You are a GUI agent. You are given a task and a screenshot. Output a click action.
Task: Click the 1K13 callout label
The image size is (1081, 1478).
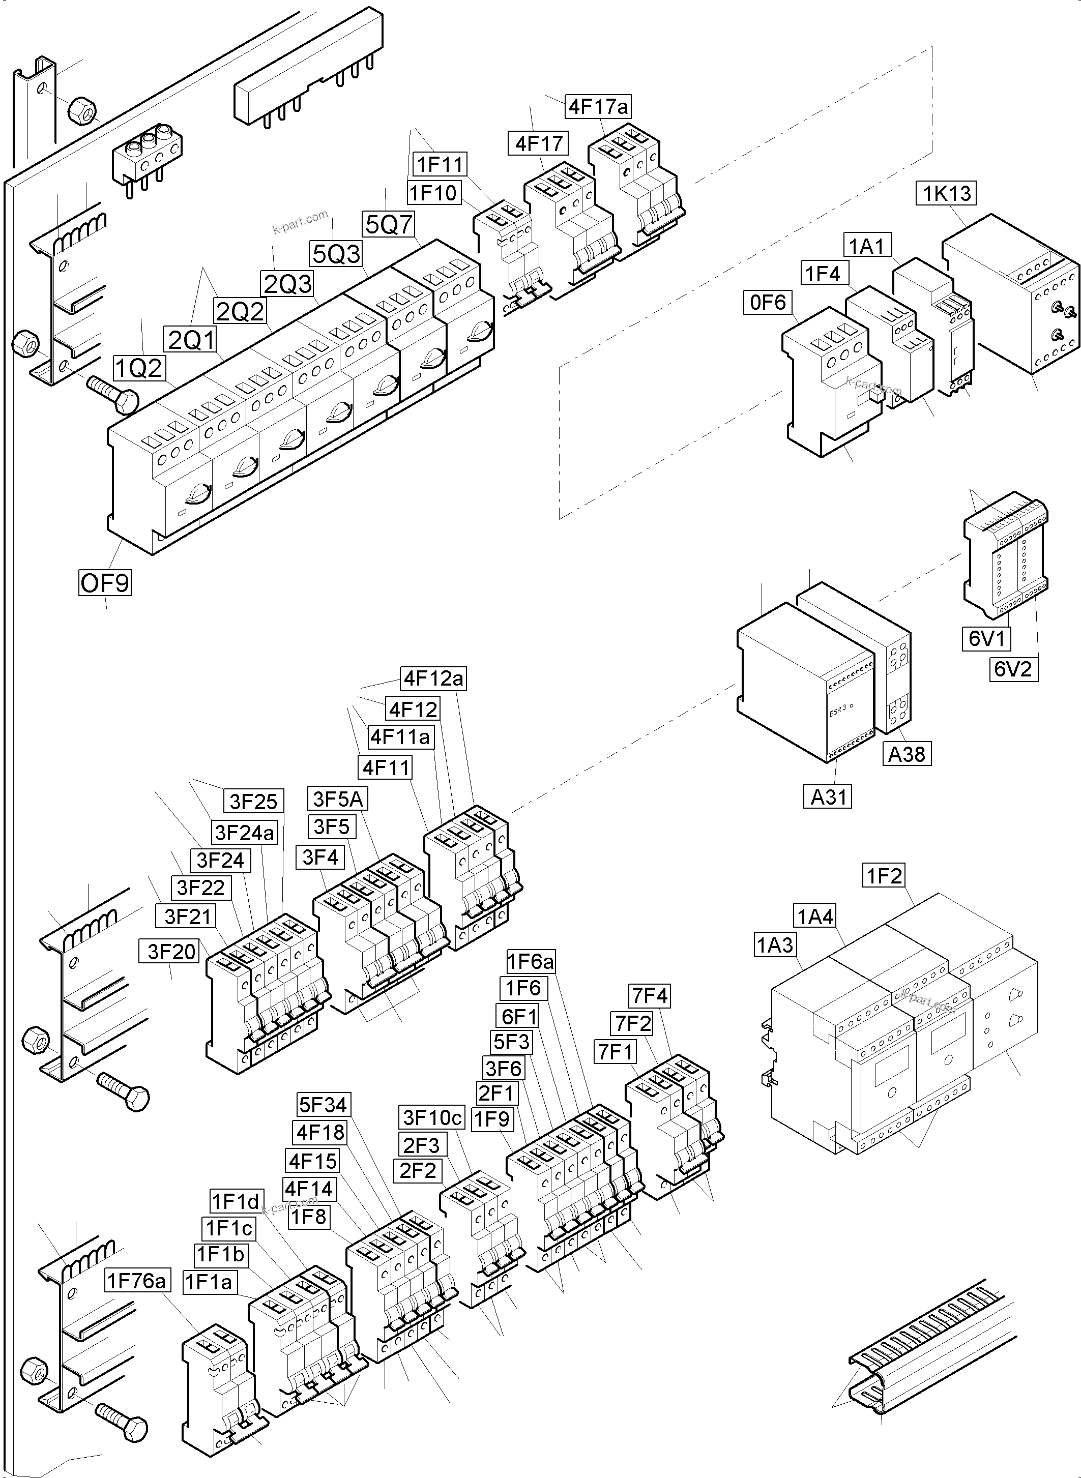pos(946,194)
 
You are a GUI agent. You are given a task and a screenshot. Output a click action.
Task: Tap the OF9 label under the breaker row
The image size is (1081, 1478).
pos(105,582)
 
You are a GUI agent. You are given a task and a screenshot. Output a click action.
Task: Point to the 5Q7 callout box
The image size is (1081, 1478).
pos(389,224)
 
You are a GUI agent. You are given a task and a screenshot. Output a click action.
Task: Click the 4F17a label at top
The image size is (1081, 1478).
pos(598,107)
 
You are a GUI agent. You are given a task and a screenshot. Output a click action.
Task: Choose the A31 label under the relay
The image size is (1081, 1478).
pos(828,797)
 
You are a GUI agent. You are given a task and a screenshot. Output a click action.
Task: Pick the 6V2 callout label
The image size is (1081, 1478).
pos(1012,669)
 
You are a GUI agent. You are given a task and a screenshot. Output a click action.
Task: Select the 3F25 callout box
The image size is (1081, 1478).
pos(253,801)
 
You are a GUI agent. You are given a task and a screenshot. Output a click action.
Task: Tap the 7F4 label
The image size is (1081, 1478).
pos(649,996)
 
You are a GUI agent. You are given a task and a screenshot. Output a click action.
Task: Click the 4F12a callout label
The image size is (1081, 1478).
pos(433,678)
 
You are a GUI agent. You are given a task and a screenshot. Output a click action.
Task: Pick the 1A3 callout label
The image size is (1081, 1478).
pos(775,945)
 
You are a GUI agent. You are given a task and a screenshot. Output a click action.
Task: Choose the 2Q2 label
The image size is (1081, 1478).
pos(240,311)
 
